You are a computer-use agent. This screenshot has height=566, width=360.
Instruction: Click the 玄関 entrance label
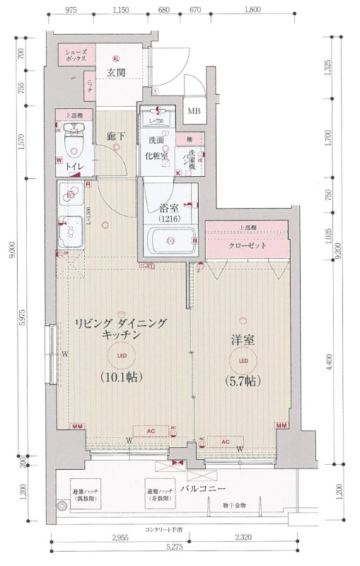(116, 72)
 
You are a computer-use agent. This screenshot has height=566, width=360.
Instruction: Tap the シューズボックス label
(76, 57)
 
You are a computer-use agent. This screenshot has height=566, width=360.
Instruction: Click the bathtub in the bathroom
(170, 241)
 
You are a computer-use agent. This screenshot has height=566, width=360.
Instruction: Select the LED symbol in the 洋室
(243, 362)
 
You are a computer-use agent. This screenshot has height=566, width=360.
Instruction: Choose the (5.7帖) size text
(243, 381)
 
